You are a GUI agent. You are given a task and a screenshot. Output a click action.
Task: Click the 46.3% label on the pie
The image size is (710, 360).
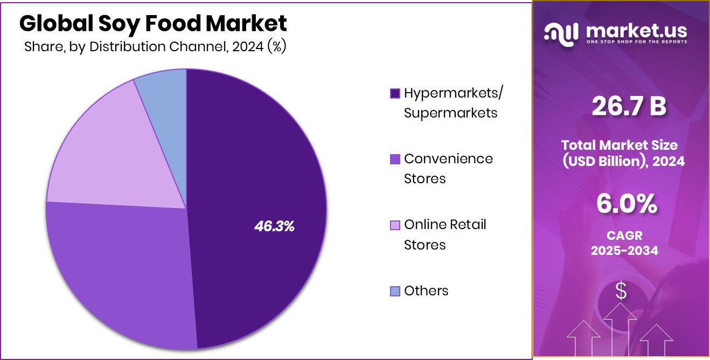pyautogui.click(x=274, y=226)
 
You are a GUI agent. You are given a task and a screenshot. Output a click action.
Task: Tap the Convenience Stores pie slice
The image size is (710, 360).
pyautogui.click(x=124, y=269)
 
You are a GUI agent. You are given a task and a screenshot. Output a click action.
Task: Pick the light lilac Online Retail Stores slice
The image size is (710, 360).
pyautogui.click(x=119, y=151)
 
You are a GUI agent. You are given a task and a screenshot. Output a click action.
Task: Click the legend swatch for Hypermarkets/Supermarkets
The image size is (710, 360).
pyautogui.click(x=395, y=94)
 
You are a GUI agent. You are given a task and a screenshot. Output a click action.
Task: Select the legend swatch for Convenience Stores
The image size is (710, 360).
pyautogui.click(x=395, y=159)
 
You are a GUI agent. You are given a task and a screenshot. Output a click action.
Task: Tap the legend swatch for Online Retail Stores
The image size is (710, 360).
pyautogui.click(x=395, y=225)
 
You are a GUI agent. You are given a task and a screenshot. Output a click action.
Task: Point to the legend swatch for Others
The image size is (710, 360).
pyautogui.click(x=395, y=292)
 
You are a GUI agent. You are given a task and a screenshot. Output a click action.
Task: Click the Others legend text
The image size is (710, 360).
pyautogui.click(x=426, y=291)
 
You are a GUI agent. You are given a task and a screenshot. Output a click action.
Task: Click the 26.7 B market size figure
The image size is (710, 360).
pyautogui.click(x=629, y=107)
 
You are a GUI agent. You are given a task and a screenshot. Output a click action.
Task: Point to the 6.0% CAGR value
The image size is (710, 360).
pyautogui.click(x=626, y=204)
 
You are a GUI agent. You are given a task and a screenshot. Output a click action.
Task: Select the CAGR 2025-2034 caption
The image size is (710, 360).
pyautogui.click(x=624, y=243)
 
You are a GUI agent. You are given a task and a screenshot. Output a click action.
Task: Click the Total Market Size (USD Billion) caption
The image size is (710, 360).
pyautogui.click(x=623, y=153)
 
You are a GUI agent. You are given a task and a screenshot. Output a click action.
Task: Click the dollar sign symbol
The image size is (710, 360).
pyautogui.click(x=621, y=292)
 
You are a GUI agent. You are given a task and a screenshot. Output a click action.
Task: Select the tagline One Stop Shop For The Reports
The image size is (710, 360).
pyautogui.click(x=637, y=42)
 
